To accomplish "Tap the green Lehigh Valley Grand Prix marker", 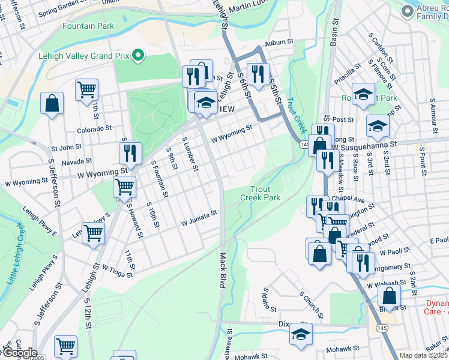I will point(138,56).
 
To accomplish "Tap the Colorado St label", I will point(94,128).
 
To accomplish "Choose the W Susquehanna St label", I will point(364,145).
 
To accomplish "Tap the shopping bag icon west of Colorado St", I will point(52,103).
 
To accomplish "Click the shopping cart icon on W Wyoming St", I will point(124,187).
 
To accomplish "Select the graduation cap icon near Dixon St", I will point(301,334).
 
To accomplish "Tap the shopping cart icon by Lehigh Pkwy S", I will point(93,232).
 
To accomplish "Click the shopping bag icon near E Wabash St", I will point(390,296).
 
